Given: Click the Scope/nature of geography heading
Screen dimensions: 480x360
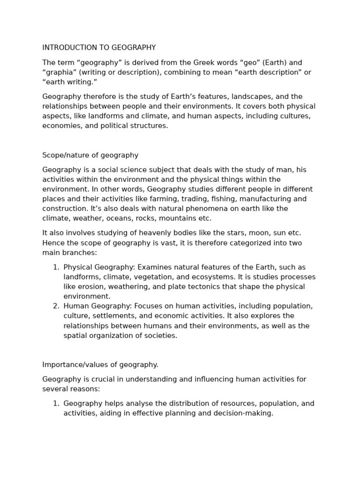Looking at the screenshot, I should (90, 155).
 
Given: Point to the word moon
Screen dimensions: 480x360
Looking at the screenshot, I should (248, 233).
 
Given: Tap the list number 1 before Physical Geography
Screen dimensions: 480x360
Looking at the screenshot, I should (56, 267).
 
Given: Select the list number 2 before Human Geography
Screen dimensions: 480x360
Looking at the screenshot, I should (56, 306).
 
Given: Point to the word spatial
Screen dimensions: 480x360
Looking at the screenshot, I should (75, 336).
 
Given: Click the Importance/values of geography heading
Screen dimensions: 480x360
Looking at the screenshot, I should (100, 364).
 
